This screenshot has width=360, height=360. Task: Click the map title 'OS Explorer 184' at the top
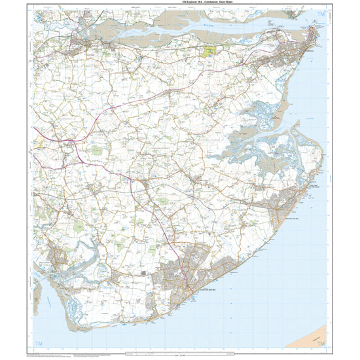[x=181, y=5]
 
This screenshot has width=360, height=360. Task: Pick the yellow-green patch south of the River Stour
[x=209, y=50]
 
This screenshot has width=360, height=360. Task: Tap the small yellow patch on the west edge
[x=39, y=139]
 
